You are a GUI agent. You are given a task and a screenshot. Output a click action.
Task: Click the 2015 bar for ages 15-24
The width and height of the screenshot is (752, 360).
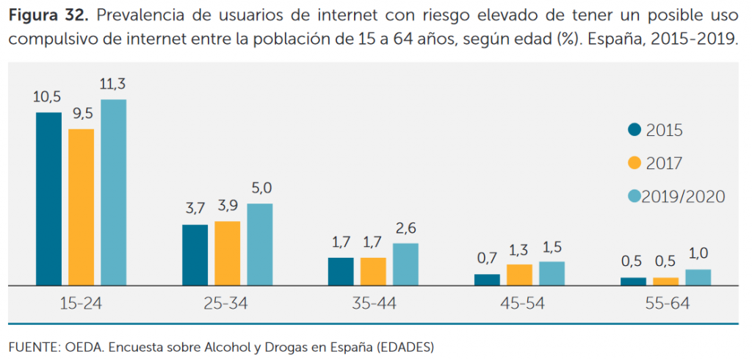[x=48, y=198]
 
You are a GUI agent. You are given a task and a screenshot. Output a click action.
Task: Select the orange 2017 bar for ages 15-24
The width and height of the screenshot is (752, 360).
[x=81, y=207]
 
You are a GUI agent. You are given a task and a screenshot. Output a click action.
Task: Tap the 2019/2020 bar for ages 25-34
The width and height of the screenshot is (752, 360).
[x=259, y=244]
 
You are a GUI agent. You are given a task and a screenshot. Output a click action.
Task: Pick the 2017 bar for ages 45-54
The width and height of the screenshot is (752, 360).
[x=519, y=275]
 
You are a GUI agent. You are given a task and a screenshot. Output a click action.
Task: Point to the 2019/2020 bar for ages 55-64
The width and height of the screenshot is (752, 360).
[x=698, y=277]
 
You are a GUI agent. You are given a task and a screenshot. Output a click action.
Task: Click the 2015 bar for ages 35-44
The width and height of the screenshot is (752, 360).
[x=341, y=271]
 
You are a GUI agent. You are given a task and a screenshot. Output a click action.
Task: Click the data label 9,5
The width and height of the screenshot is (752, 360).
[x=81, y=115]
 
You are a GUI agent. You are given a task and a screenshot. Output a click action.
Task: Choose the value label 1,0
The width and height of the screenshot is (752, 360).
[x=698, y=255]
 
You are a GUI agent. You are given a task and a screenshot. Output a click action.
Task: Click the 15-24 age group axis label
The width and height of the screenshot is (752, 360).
[x=81, y=303]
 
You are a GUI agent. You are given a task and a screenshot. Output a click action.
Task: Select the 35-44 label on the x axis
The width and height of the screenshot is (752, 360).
[x=373, y=303]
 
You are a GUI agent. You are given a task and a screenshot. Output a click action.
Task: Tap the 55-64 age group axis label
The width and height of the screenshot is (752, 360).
[x=665, y=303]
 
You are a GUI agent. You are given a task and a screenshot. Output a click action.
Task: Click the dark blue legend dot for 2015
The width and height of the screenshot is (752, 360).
[x=634, y=130]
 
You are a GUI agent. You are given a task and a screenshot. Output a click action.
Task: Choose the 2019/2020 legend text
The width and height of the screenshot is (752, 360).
[x=683, y=196]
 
